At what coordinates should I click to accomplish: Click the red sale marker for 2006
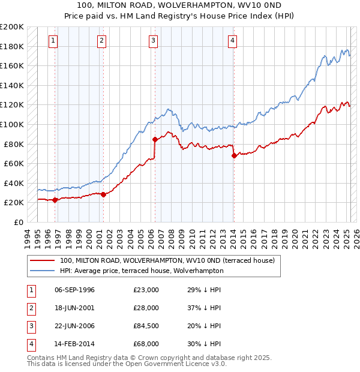[155, 139]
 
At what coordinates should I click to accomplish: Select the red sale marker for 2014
[233, 155]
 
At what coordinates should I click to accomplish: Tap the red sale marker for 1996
[55, 200]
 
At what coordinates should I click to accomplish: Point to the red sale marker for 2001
[103, 194]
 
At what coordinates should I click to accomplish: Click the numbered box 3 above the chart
[154, 41]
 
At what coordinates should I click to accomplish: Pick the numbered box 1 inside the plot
[53, 41]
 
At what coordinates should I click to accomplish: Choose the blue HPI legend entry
[142, 271]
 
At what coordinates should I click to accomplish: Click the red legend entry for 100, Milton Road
[167, 260]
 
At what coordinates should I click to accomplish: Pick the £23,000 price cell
[146, 290]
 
